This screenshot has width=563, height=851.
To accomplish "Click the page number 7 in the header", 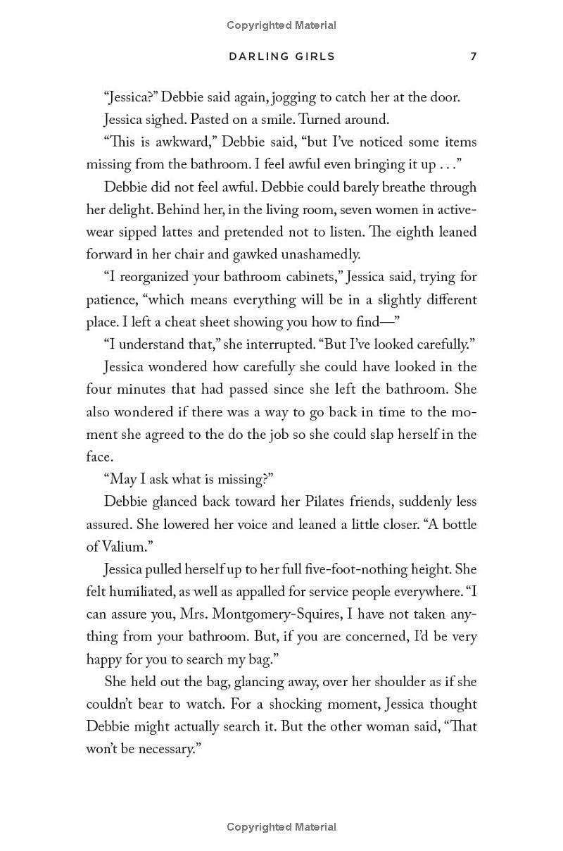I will tap(474, 56).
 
